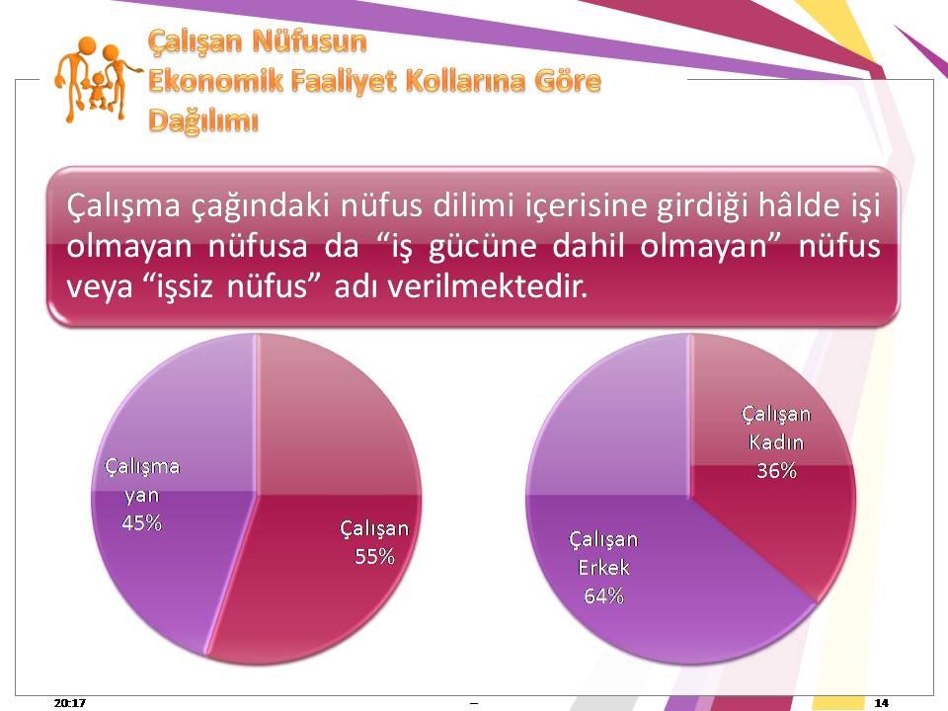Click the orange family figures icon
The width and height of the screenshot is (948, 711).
97,79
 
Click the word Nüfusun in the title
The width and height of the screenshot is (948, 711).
309,41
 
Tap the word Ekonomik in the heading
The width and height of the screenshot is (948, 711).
215,81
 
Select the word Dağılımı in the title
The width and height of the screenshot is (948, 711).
203,120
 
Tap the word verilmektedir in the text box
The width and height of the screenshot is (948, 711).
487,286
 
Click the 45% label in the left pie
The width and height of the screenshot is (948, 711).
141,522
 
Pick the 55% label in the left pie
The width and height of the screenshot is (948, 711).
374,556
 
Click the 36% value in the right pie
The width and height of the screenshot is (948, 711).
776,470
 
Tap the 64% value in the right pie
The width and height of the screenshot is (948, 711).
603,596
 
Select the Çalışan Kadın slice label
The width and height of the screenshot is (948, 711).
776,428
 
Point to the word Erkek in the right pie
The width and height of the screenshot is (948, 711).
603,568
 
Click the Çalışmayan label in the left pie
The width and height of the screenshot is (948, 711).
142,481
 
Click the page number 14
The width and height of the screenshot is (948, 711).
882,702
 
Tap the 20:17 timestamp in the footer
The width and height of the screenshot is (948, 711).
69,702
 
